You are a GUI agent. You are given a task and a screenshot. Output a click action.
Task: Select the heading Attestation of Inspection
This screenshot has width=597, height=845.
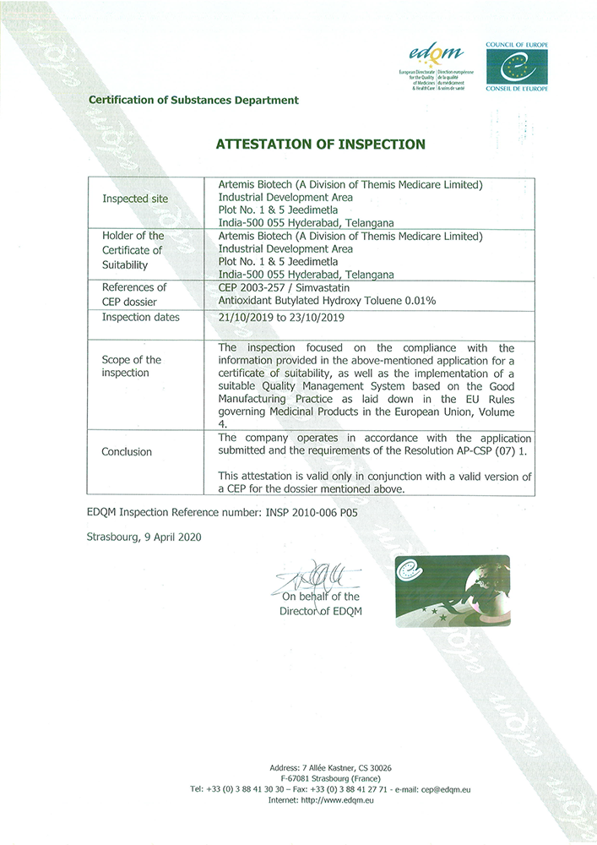(x=321, y=144)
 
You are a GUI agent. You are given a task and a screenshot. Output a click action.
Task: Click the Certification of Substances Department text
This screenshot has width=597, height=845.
(x=193, y=100)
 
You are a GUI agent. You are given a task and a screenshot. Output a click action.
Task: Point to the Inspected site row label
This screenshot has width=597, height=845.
(x=135, y=199)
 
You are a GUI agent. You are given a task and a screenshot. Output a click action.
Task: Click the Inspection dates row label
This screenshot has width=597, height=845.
(x=141, y=318)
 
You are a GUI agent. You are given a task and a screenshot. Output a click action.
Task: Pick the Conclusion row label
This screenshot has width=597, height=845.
(x=127, y=451)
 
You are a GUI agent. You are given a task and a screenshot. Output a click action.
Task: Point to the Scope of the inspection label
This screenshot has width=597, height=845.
(x=131, y=366)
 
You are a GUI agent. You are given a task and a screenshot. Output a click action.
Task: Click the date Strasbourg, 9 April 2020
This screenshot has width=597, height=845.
(x=144, y=537)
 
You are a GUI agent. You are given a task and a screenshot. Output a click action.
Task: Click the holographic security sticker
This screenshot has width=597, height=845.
(x=452, y=591)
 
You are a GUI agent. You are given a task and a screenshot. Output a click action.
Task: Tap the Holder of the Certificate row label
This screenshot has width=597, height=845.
(x=133, y=250)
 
